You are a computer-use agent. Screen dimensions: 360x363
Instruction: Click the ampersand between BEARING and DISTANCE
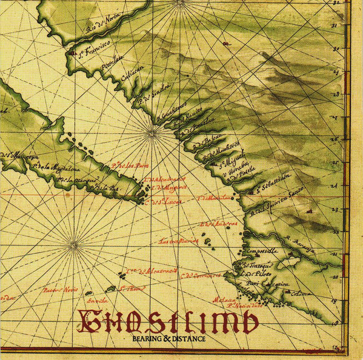coord(167,338)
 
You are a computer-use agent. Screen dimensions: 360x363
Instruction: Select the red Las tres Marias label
coord(178,241)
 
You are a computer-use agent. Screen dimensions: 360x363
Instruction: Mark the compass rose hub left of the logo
coord(74,245)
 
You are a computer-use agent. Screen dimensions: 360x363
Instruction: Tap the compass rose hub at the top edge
coord(180,2)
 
